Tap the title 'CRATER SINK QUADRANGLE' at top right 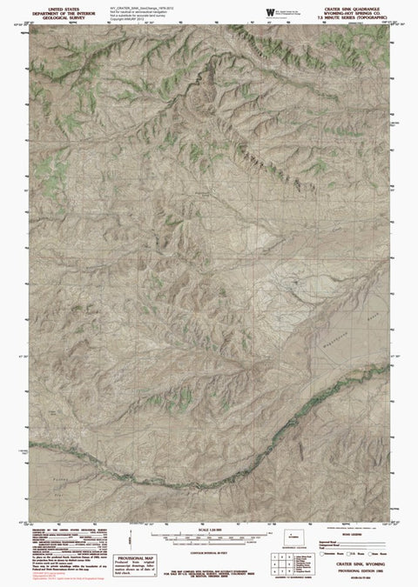point(348,5)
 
